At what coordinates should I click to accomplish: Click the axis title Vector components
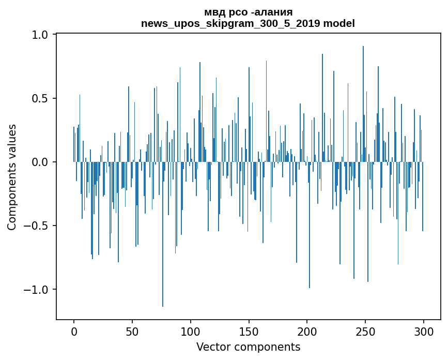click(x=248, y=347)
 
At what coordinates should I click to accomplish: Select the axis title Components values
click(x=12, y=177)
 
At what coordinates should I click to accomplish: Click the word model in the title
click(x=341, y=23)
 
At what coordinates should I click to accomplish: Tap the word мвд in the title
click(x=215, y=12)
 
